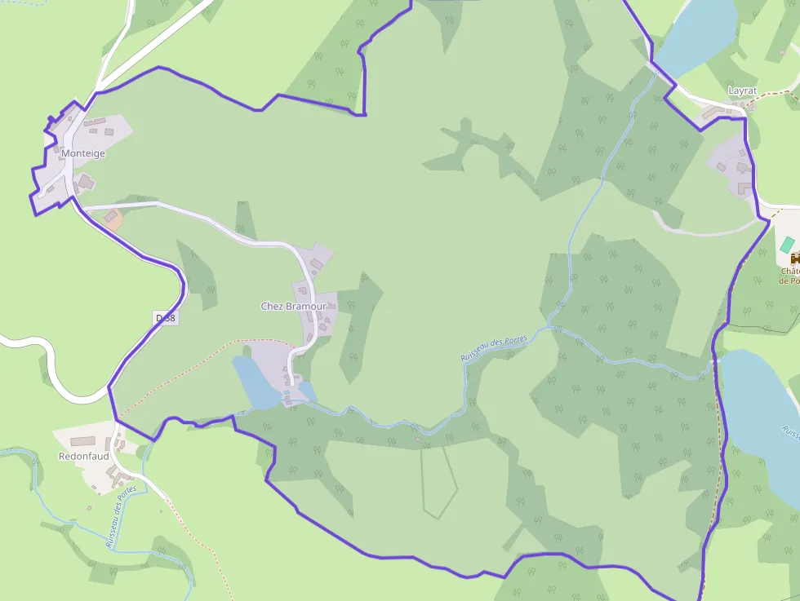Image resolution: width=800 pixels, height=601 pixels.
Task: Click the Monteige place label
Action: pos(82,153)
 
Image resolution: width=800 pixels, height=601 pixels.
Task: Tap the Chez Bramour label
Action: pos(293,307)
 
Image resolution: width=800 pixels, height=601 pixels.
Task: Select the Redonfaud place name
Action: pos(83,457)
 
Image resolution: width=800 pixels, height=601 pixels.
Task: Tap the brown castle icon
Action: pos(789,259)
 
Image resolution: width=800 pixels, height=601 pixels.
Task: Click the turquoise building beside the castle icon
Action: pos(787,244)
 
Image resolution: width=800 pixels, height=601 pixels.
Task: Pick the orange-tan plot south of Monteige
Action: pos(113,219)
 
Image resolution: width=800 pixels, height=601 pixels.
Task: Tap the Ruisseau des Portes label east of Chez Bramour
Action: pos(494,346)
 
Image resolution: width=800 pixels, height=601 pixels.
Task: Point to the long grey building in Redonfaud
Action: pos(82,441)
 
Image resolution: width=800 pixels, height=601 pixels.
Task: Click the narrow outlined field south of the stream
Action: pos(438,481)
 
